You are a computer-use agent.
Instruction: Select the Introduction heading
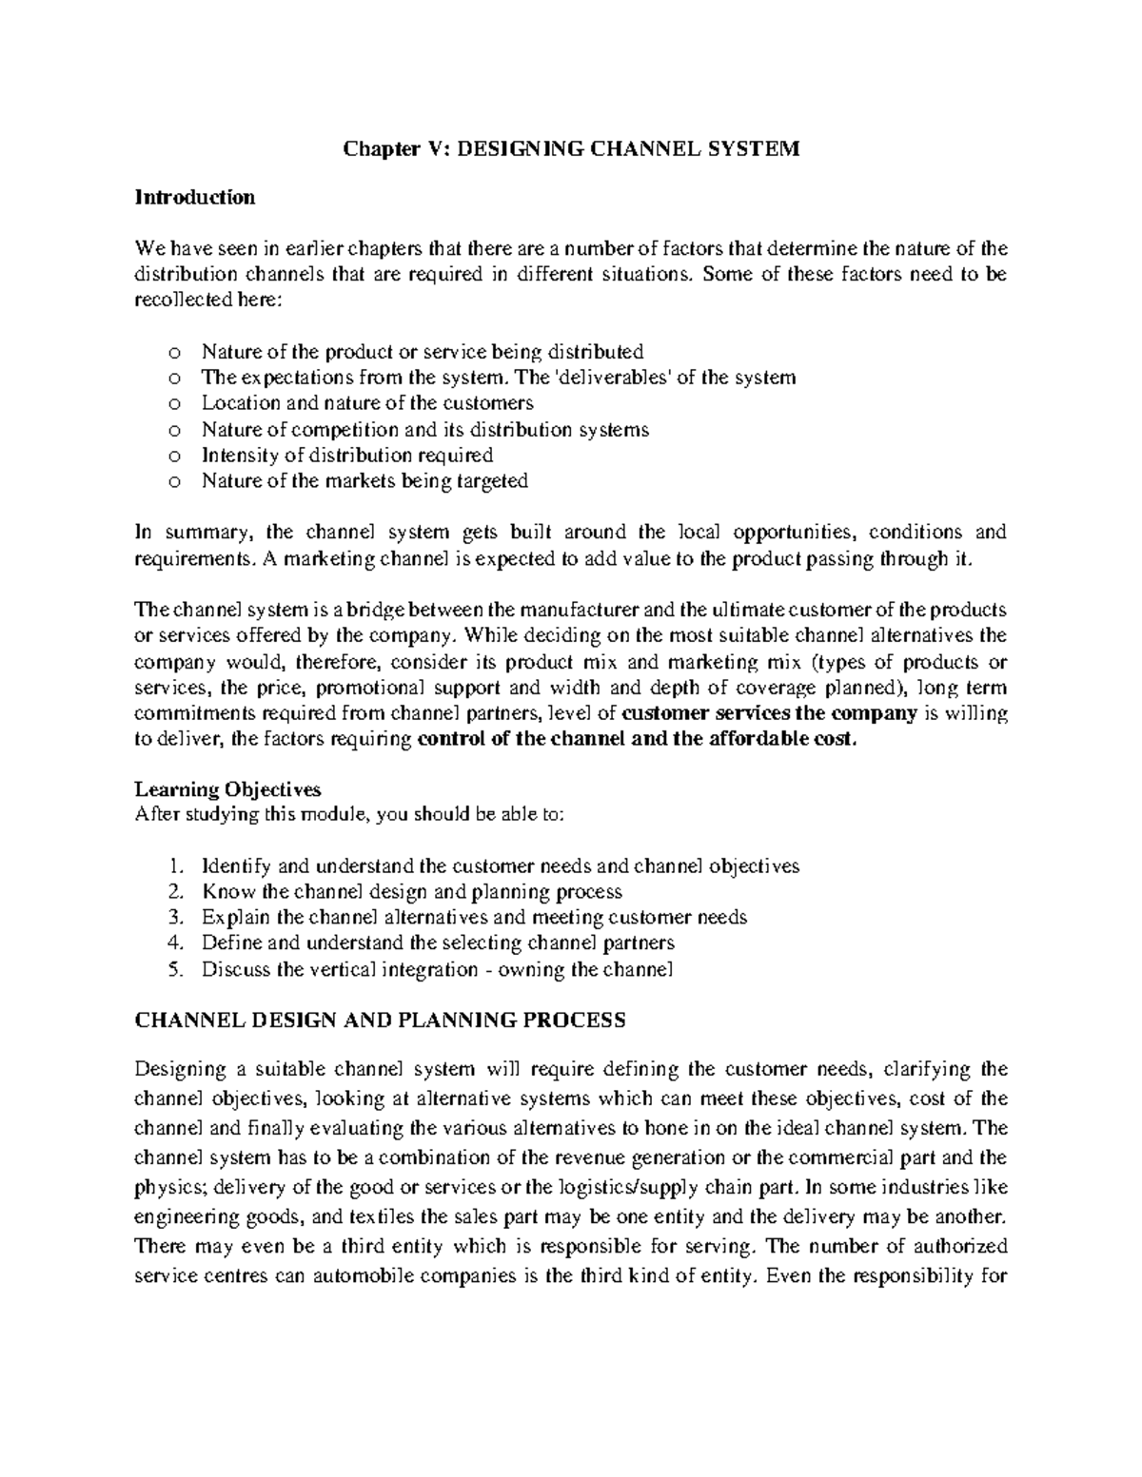[x=195, y=198]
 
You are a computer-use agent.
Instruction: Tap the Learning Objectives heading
[x=227, y=789]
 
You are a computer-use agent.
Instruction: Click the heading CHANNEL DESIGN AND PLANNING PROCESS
[x=380, y=1020]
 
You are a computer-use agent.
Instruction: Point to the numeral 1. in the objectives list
[x=172, y=866]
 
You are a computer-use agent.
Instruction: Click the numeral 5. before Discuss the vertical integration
[x=172, y=970]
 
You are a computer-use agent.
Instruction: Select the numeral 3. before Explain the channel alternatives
[x=172, y=918]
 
